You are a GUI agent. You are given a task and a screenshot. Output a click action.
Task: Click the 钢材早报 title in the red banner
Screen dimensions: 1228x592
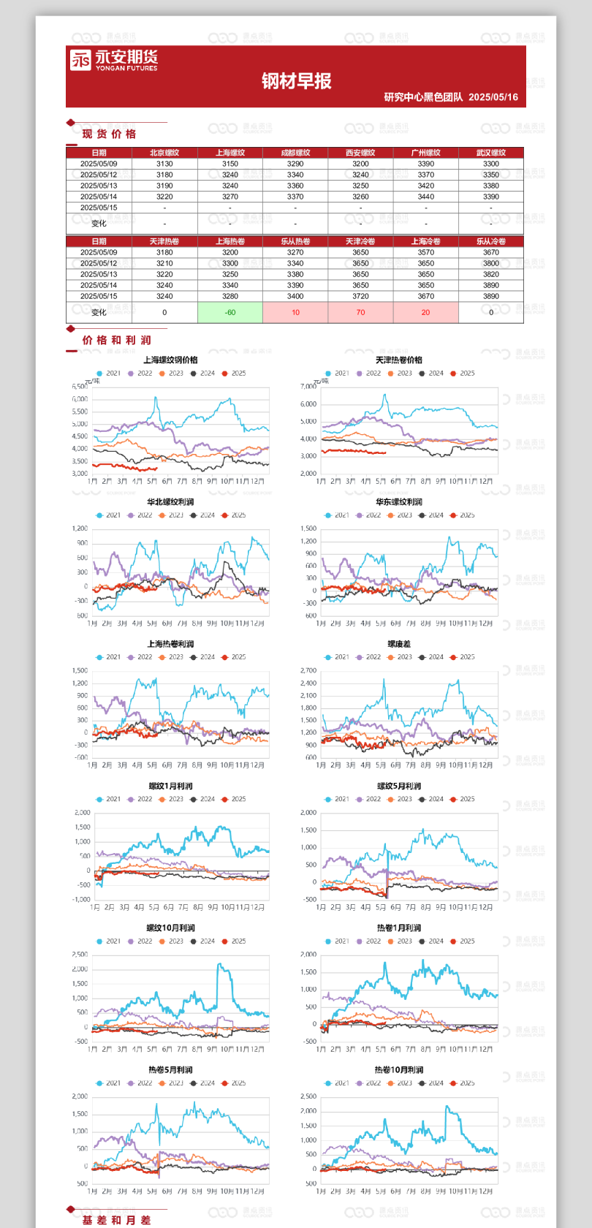click(x=296, y=81)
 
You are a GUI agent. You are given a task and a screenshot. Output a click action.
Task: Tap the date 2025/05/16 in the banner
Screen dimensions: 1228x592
click(x=493, y=97)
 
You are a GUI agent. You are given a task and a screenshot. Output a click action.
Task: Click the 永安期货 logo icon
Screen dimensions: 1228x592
click(x=80, y=60)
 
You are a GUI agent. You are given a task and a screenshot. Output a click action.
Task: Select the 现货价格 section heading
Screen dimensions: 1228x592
click(x=109, y=134)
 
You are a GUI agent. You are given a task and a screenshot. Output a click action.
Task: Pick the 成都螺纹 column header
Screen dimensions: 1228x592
click(x=295, y=153)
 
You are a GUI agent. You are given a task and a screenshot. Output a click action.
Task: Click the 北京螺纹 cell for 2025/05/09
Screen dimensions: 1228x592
click(x=164, y=164)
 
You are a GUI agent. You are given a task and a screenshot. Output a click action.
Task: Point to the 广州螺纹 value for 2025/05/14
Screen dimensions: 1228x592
click(x=425, y=197)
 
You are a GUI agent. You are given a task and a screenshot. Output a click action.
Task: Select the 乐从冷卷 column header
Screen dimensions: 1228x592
click(x=490, y=241)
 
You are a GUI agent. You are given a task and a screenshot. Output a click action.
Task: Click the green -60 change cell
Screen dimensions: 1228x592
click(x=230, y=312)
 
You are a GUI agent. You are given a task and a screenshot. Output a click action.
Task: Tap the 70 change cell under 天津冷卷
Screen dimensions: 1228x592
click(x=360, y=312)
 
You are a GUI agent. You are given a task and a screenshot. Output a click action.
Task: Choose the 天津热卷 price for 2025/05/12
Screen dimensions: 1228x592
click(x=164, y=263)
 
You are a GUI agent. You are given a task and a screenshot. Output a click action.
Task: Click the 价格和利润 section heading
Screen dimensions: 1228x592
click(x=116, y=340)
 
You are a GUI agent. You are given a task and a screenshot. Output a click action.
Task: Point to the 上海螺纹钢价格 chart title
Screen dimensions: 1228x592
click(x=170, y=360)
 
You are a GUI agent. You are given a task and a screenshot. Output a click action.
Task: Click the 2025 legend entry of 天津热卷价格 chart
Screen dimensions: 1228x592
click(x=463, y=374)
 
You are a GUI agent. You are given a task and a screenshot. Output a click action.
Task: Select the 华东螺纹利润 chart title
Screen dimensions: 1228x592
click(x=399, y=502)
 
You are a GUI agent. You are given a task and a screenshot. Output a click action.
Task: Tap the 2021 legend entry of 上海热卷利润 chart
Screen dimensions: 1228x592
click(x=109, y=657)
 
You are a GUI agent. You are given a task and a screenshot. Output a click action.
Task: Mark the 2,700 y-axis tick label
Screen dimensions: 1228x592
click(x=308, y=670)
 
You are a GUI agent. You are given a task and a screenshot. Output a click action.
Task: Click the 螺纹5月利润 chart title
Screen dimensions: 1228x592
click(x=399, y=786)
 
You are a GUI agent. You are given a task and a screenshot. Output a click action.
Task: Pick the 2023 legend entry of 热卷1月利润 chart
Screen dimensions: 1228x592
click(x=400, y=941)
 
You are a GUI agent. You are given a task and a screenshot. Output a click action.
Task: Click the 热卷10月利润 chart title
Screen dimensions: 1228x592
click(x=399, y=1070)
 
